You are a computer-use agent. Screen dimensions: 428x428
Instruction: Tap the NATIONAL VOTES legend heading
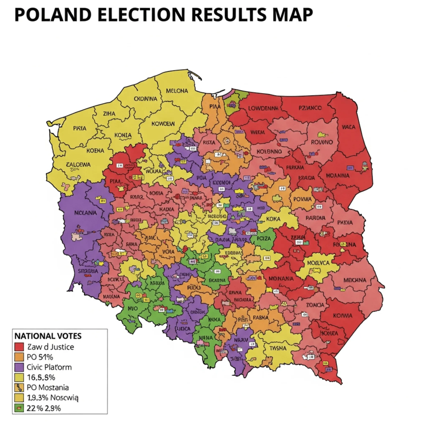48,336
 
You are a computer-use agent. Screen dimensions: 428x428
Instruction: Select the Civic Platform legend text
49,367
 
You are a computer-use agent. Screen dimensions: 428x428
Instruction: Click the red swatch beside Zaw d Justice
19,347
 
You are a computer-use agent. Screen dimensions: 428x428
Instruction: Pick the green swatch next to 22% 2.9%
19,408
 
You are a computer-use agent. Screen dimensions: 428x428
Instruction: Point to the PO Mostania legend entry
47,388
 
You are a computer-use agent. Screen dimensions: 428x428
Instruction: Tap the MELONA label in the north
177,91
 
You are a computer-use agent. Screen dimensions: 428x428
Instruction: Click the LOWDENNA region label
263,108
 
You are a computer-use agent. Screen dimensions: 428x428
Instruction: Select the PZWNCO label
310,108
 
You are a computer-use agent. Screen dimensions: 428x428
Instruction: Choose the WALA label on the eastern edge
348,127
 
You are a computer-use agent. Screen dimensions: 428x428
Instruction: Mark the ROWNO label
322,142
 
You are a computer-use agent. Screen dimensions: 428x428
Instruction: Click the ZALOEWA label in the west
78,164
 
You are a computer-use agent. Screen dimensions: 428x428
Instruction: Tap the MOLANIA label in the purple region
85,213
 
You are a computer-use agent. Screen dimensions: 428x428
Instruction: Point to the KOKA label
273,219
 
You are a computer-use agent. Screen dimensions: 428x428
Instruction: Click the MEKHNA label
355,280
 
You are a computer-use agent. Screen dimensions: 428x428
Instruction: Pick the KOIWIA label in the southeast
342,316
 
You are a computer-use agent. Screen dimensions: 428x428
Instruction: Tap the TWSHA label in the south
278,348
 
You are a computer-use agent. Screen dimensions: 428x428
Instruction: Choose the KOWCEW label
163,124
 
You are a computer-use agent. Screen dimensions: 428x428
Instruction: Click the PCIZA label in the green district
264,238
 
